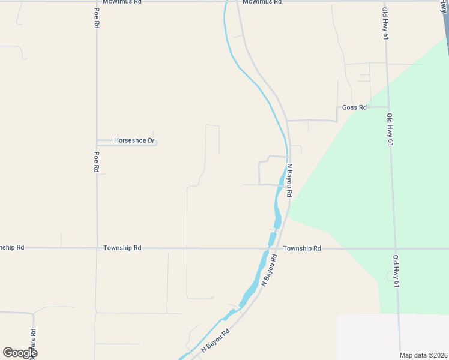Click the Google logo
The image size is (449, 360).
20,352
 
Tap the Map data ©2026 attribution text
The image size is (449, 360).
424,355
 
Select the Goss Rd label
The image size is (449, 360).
354,107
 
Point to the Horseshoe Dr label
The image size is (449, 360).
134,141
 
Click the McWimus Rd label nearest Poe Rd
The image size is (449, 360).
122,2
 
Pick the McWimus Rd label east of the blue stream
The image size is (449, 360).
262,2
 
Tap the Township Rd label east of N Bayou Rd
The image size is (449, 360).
302,248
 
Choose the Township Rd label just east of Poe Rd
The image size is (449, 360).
122,248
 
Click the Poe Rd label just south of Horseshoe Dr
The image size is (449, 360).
96,161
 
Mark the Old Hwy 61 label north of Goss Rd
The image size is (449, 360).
385,24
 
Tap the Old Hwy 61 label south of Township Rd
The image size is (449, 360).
396,271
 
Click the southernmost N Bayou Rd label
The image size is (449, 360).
216,340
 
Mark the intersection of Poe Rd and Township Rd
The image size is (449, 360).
97,248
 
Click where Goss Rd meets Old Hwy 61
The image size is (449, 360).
388,107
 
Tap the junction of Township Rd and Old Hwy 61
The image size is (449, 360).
394,248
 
